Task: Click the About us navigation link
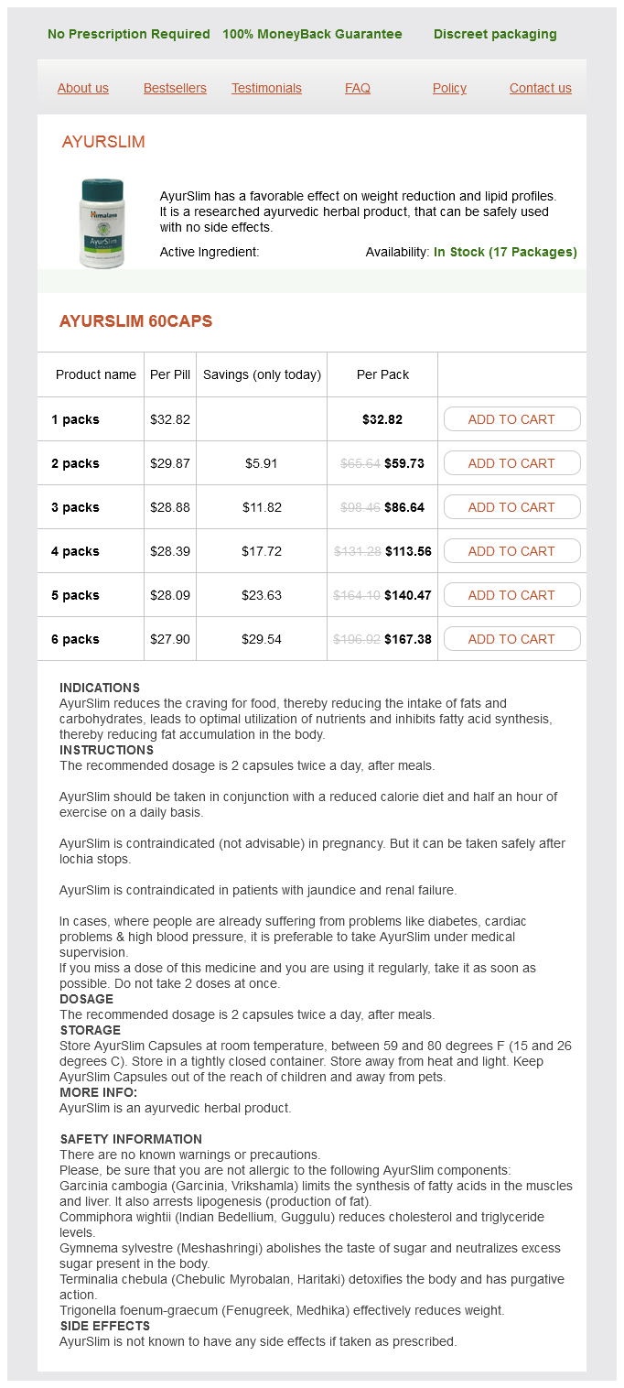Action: click(83, 89)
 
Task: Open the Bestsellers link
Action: click(175, 89)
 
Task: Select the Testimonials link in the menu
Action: click(266, 89)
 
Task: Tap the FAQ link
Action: click(358, 89)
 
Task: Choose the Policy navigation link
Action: click(449, 89)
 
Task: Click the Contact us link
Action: click(540, 89)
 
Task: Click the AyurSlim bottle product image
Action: click(102, 223)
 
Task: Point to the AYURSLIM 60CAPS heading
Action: click(135, 321)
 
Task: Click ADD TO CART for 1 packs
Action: click(511, 419)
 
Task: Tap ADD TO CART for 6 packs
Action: click(511, 639)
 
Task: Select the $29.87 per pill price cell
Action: click(170, 463)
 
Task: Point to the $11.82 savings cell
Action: click(262, 507)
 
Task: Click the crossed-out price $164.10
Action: click(357, 595)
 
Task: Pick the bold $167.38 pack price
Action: click(408, 639)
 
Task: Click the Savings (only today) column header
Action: click(262, 374)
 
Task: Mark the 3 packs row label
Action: click(75, 507)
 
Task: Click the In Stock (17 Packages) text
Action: click(505, 252)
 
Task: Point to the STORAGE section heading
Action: click(90, 1030)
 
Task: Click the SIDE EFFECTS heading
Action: click(104, 1326)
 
